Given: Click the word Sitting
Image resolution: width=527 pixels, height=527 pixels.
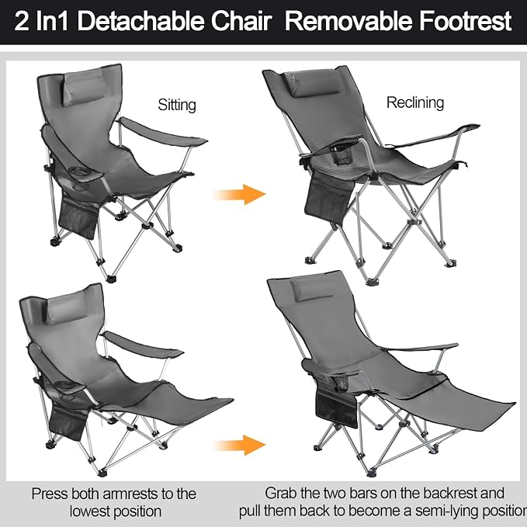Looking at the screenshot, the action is pyautogui.click(x=177, y=105).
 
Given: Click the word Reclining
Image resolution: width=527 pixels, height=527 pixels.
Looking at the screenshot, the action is pyautogui.click(x=415, y=102).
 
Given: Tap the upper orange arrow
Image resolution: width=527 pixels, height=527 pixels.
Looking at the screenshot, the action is pyautogui.click(x=239, y=194).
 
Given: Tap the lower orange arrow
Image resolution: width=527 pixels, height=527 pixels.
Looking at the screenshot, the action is pyautogui.click(x=239, y=445).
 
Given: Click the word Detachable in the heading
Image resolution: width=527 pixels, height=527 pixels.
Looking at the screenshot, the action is pyautogui.click(x=140, y=21).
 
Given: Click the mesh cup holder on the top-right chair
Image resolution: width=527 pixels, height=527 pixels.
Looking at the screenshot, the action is pyautogui.click(x=342, y=154).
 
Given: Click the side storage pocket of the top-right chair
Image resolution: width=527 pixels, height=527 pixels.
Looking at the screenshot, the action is pyautogui.click(x=329, y=198).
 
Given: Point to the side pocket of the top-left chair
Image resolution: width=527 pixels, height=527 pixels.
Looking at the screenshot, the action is pyautogui.click(x=78, y=217).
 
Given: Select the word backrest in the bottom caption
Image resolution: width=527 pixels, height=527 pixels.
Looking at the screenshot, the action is pyautogui.click(x=449, y=494).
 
